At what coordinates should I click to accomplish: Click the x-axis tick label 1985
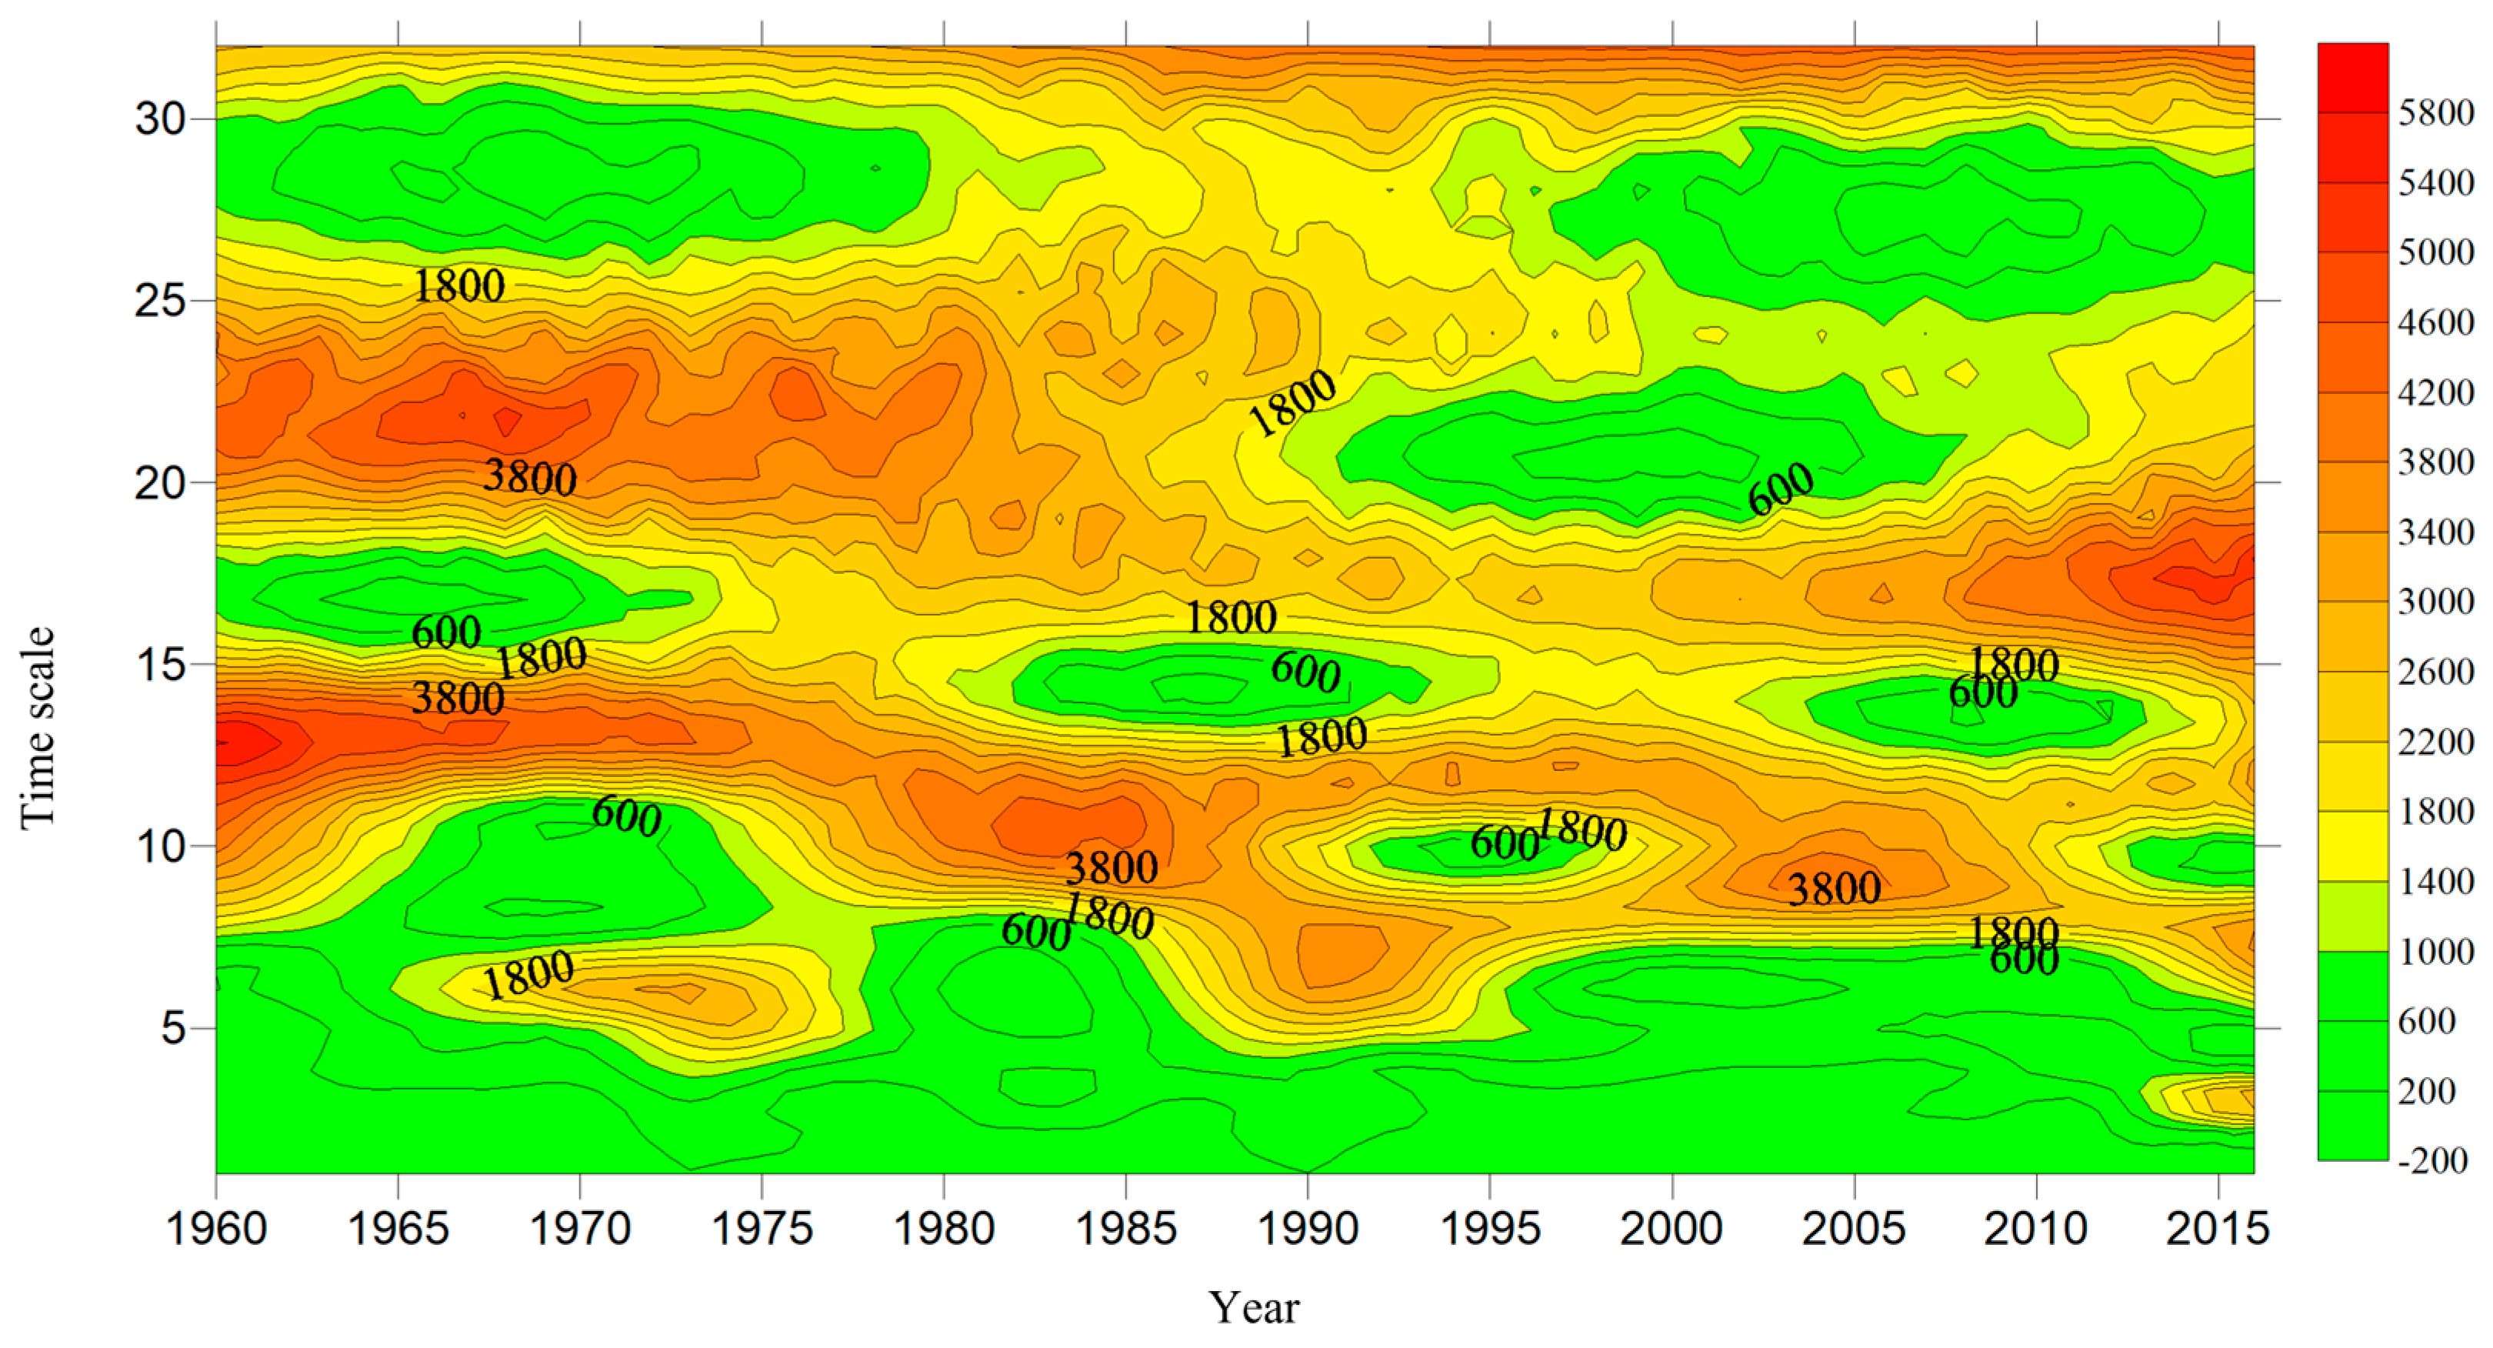1125,1229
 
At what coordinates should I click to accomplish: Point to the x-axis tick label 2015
2217,1229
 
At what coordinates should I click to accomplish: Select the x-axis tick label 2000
1671,1229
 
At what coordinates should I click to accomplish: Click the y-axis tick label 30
161,119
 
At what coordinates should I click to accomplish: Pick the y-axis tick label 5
173,1028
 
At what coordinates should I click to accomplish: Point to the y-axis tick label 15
161,665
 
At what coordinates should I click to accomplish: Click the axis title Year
1253,1307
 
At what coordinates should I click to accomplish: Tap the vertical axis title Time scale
37,728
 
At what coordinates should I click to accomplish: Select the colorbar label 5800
2436,113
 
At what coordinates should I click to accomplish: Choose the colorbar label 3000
2436,602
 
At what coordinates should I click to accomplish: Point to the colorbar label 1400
2436,882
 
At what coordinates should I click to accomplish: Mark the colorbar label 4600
2436,322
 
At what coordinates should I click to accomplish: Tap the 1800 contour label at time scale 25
458,285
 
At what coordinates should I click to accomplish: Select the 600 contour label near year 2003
1781,489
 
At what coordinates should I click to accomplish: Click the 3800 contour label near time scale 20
530,477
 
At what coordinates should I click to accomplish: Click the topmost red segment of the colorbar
2353,78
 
